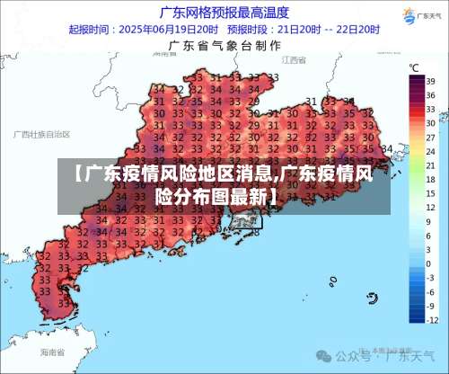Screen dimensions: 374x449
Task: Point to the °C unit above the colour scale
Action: [x=415, y=67]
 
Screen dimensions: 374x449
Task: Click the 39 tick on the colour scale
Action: [x=430, y=79]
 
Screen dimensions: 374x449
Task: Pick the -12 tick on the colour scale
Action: [x=429, y=319]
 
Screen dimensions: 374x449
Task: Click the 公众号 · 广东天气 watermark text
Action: [x=398, y=356]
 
